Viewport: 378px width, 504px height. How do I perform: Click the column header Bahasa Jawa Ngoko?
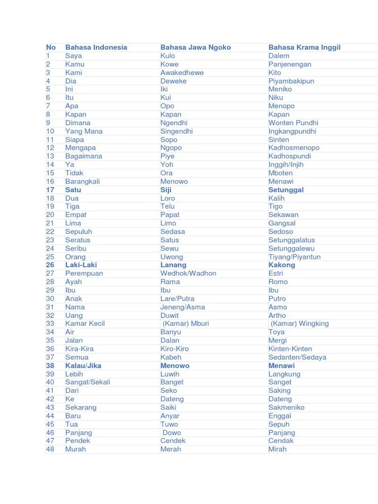coord(195,47)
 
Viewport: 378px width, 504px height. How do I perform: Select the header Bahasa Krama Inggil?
coord(304,47)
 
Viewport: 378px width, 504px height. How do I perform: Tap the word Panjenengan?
coord(289,64)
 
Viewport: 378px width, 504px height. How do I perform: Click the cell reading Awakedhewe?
coord(182,72)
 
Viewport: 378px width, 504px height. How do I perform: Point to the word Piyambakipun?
coord(291,81)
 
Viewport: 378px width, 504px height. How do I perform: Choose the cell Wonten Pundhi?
coord(293,123)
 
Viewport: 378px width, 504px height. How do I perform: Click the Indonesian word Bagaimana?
coord(84,156)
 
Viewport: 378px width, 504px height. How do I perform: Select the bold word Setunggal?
coord(285,189)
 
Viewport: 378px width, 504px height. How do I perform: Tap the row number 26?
coord(50,265)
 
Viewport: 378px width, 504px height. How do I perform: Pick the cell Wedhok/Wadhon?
coord(188,273)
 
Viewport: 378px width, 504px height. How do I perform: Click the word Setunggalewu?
coord(291,249)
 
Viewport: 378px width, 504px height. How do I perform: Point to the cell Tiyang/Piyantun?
coord(294,257)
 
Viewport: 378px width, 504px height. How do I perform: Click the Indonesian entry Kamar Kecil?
coord(85,323)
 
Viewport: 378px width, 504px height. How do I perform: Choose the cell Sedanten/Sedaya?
coord(297,357)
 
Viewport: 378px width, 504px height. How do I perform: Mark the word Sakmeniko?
coord(286,408)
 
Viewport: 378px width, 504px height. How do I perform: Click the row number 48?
coord(50,449)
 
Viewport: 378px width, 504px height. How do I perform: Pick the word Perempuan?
coord(84,273)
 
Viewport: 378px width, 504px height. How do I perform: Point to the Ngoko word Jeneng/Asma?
coord(183,307)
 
